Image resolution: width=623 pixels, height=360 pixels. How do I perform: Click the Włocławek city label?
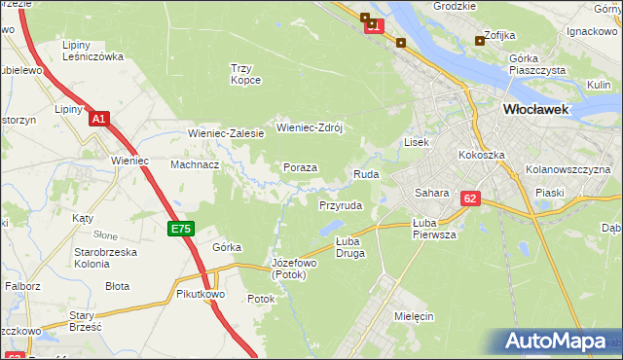[x=535, y=110]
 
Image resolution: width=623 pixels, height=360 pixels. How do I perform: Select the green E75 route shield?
[x=181, y=229]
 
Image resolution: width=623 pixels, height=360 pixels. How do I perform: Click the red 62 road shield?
[x=471, y=198]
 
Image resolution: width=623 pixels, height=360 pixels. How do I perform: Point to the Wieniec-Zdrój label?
[x=312, y=126]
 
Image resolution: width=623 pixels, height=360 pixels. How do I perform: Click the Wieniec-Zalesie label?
[x=226, y=133]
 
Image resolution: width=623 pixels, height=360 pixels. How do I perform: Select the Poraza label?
[x=300, y=167]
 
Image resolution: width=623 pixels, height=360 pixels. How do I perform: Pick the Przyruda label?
[x=341, y=206]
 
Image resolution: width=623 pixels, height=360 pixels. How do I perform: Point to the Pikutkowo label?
[x=202, y=293]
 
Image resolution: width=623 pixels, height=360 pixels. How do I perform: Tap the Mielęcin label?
[x=414, y=316]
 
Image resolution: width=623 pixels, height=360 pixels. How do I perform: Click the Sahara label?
[x=431, y=193]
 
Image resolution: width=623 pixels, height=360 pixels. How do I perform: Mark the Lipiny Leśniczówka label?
[x=92, y=51]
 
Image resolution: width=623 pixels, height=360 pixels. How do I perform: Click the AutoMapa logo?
[x=561, y=342]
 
